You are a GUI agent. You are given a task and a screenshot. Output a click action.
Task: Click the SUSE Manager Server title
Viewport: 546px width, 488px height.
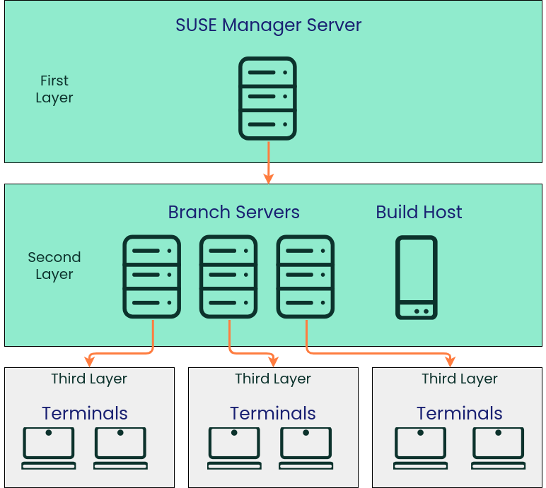pyautogui.click(x=268, y=25)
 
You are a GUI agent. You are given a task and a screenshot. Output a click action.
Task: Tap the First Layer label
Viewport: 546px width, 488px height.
pyautogui.click(x=54, y=89)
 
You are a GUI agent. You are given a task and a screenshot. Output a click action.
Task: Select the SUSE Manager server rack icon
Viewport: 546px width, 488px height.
pyautogui.click(x=267, y=98)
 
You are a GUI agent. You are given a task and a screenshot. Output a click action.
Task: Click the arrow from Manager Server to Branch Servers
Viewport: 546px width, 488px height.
pyautogui.click(x=268, y=162)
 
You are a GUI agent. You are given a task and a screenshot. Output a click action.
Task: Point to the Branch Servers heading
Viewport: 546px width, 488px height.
pyautogui.click(x=233, y=212)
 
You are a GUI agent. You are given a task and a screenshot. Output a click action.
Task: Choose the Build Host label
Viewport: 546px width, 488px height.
pyautogui.click(x=419, y=212)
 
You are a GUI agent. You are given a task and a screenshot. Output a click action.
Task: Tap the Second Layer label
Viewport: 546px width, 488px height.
pyautogui.click(x=54, y=266)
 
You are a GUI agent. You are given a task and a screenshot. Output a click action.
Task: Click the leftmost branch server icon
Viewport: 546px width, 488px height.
pyautogui.click(x=152, y=277)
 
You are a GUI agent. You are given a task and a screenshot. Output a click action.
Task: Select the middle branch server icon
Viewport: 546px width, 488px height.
pyautogui.click(x=228, y=277)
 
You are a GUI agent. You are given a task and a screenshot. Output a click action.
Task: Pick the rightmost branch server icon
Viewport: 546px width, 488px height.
pyautogui.click(x=306, y=277)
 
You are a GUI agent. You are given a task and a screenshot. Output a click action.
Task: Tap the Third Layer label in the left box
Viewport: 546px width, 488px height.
pyautogui.click(x=89, y=379)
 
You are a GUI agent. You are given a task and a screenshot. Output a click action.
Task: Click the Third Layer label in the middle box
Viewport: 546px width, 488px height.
pyautogui.click(x=273, y=379)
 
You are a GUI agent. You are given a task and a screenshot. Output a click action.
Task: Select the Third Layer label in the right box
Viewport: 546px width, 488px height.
pyautogui.click(x=460, y=379)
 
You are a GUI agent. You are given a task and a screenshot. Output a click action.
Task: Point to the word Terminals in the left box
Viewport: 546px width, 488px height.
pyautogui.click(x=85, y=413)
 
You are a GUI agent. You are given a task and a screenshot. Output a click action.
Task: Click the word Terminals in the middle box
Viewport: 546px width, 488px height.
pyautogui.click(x=273, y=413)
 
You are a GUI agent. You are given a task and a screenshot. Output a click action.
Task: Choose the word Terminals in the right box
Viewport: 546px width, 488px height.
pyautogui.click(x=460, y=413)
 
